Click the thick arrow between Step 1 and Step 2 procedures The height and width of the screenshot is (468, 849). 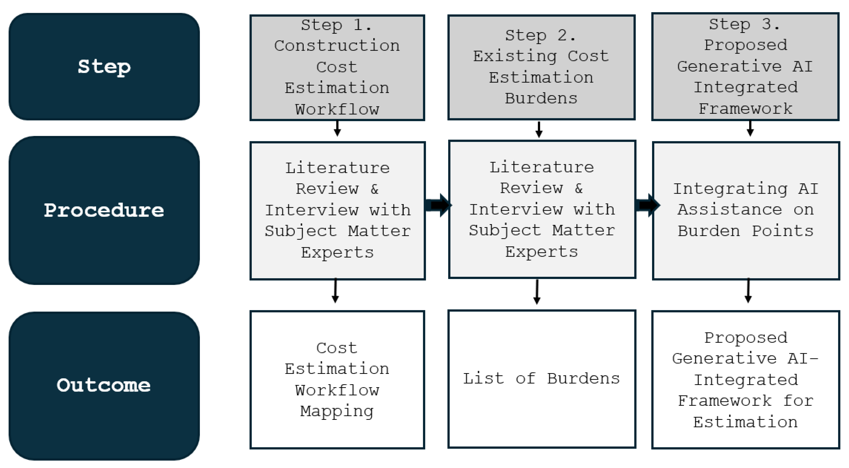438,205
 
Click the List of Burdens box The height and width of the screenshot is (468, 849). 541,379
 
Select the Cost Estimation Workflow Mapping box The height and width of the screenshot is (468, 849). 337,379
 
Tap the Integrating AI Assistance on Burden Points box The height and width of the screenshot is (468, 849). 745,210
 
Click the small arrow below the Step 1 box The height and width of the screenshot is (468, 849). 337,129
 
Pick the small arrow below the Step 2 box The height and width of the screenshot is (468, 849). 539,130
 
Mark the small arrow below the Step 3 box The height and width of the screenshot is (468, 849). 750,129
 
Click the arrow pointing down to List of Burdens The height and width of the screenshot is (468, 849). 537,292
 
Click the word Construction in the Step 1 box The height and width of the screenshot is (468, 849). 337,46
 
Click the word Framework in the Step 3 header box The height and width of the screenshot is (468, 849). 745,109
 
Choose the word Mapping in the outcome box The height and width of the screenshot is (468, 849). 337,411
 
